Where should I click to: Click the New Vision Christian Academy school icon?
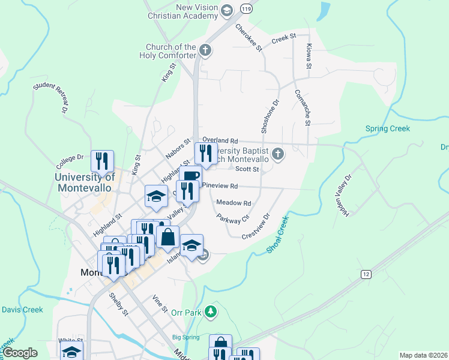click(227, 10)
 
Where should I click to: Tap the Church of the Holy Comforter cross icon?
click(205, 50)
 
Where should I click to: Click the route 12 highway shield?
click(366, 274)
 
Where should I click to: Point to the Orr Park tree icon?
click(209, 311)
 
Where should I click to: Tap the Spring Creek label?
click(387, 128)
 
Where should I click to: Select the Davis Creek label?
click(22, 310)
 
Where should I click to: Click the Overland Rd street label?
click(220, 140)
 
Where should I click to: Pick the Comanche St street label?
click(302, 108)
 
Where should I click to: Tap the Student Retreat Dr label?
click(50, 98)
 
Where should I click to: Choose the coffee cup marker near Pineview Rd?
click(190, 176)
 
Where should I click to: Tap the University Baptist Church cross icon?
click(277, 154)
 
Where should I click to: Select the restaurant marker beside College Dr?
click(102, 160)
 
